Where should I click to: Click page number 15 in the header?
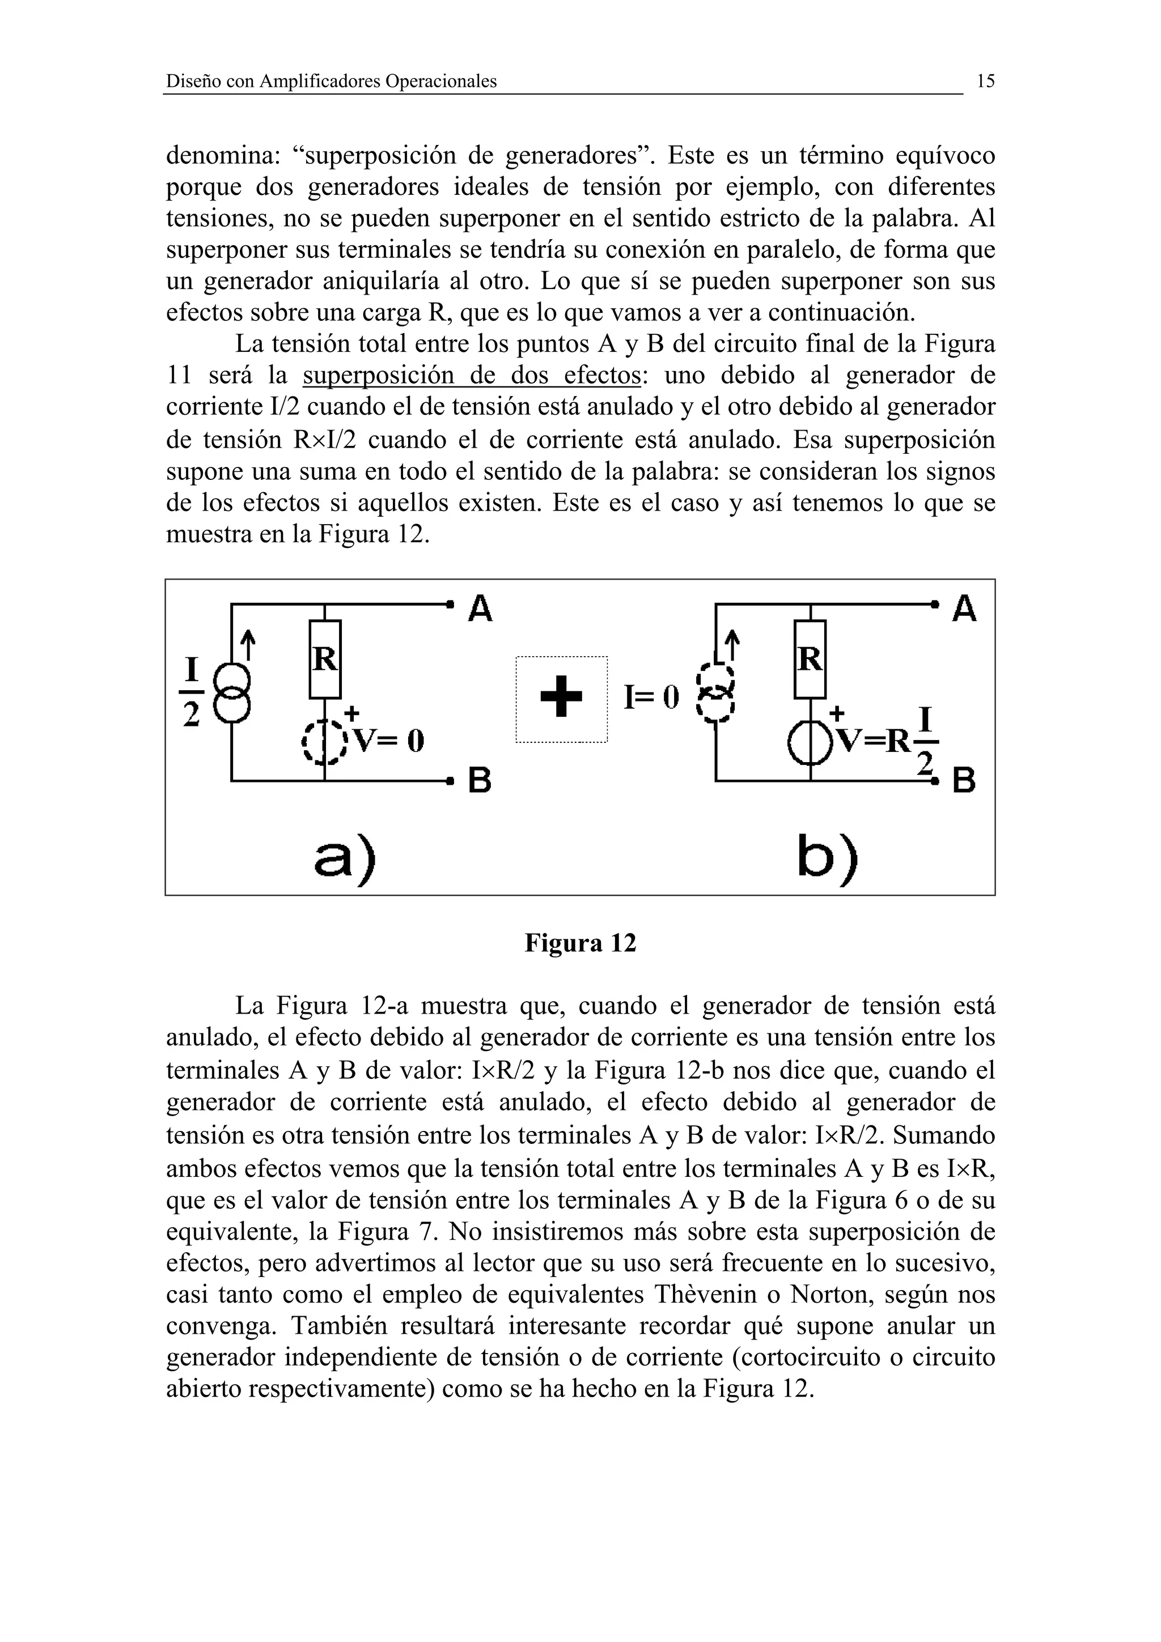(x=985, y=82)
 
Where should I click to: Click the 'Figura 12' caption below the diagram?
(x=580, y=943)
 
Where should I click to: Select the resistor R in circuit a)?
(x=325, y=658)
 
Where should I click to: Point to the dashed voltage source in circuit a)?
(x=325, y=742)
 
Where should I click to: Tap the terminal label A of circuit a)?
(x=480, y=609)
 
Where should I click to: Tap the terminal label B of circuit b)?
(x=964, y=782)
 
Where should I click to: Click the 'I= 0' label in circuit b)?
(x=650, y=697)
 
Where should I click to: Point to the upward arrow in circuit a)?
(x=248, y=644)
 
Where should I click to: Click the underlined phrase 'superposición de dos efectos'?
(x=472, y=376)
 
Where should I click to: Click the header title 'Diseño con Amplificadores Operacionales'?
(x=331, y=82)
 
